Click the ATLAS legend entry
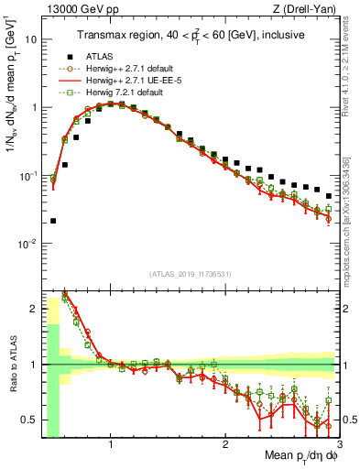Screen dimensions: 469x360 point(100,81)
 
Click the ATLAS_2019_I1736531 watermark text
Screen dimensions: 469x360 point(191,274)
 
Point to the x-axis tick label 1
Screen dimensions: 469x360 point(111,446)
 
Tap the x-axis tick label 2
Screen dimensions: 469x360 point(225,446)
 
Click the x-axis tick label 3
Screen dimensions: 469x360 point(339,446)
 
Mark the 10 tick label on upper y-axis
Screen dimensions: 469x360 point(31,39)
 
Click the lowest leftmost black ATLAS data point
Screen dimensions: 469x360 point(53,221)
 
